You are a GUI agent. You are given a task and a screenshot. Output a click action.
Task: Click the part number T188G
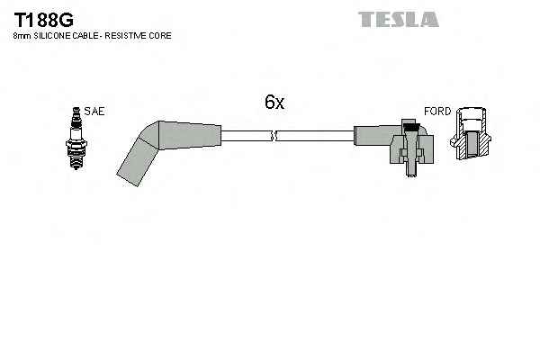39,17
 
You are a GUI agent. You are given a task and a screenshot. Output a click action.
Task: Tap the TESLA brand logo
399,18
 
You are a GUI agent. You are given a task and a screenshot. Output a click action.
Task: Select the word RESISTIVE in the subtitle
129,35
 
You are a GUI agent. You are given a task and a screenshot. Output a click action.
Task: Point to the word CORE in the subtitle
161,35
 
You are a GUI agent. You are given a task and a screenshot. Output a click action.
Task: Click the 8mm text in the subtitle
22,35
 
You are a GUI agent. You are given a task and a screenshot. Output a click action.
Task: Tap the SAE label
96,112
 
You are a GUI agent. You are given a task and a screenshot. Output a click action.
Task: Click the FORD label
436,112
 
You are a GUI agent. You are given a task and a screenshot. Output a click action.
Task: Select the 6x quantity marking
274,103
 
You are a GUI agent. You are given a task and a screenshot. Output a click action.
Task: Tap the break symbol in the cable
274,136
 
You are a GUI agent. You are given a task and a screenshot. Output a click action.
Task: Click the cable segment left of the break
245,136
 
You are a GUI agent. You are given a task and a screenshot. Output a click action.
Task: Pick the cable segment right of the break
315,136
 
